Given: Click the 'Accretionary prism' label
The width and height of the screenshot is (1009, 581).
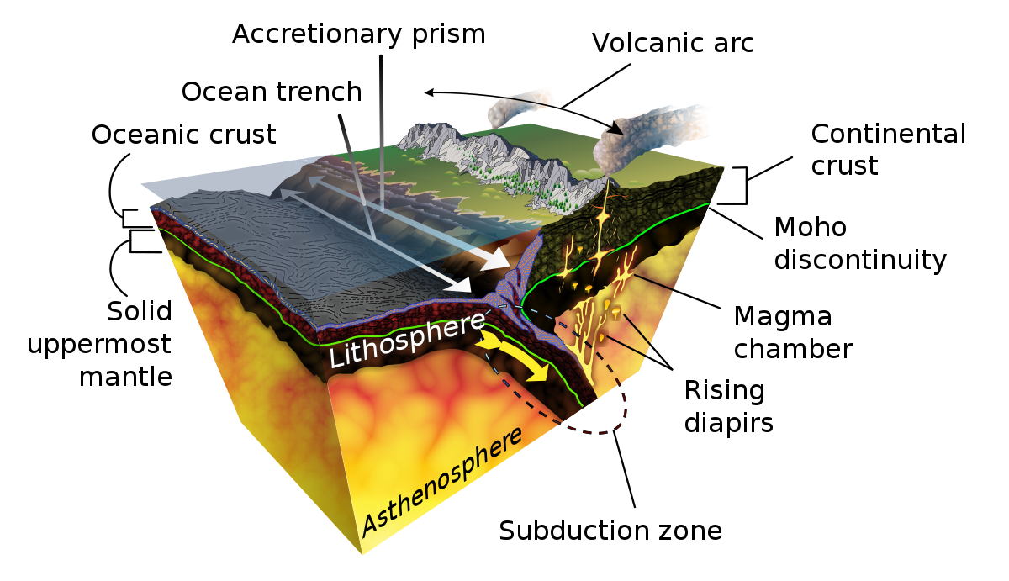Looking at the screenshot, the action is (x=358, y=34).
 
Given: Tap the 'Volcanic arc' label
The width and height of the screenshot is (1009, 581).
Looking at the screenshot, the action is (x=673, y=43).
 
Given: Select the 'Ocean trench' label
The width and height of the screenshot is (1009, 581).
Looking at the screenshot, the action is (x=272, y=92).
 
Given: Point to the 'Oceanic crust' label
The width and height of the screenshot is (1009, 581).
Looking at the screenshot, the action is (x=184, y=135).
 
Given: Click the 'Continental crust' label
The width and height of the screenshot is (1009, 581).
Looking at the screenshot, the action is (x=888, y=150).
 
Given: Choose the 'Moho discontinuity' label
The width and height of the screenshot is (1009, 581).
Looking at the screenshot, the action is (x=860, y=243).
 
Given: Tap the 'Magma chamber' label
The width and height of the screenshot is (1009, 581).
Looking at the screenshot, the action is (x=793, y=332).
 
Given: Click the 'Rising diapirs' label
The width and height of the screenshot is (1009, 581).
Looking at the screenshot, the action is (x=728, y=406).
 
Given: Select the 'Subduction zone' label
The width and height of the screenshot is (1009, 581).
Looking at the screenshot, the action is (x=610, y=531).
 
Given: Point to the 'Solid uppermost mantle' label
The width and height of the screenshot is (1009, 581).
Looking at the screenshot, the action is (x=100, y=343).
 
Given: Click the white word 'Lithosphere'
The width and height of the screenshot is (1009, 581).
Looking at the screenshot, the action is (x=408, y=339).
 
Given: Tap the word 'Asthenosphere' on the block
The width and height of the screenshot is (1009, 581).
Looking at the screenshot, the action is (x=442, y=481).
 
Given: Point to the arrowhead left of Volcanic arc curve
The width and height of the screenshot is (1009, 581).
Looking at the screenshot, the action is (x=430, y=92).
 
